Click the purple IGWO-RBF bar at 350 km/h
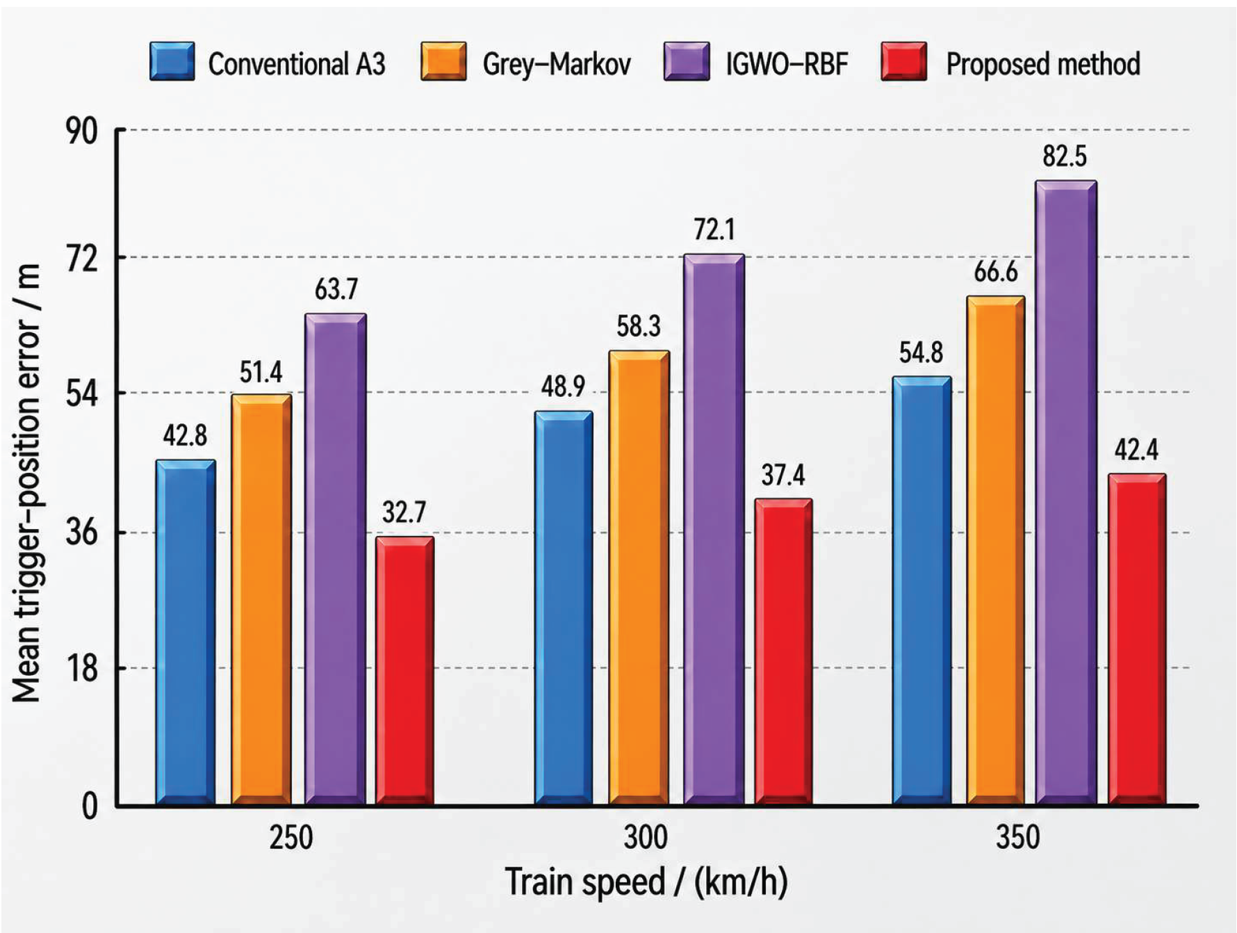click(x=1066, y=493)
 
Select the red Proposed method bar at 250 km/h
click(x=405, y=671)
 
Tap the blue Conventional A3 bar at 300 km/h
click(x=564, y=608)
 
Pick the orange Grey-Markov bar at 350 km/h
click(x=996, y=551)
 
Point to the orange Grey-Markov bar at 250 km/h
click(x=261, y=600)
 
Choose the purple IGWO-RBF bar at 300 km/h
click(x=714, y=530)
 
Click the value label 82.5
click(x=1064, y=156)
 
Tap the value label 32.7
click(x=404, y=512)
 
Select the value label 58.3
click(x=639, y=326)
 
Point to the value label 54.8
click(x=921, y=352)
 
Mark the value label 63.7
click(x=336, y=289)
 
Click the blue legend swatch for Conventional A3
click(x=172, y=61)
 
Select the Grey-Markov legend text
click(x=557, y=64)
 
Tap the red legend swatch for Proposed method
click(x=903, y=61)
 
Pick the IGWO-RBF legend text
click(x=787, y=64)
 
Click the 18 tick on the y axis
click(x=81, y=669)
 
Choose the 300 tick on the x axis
click(x=646, y=837)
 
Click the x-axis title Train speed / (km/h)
click(x=646, y=882)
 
